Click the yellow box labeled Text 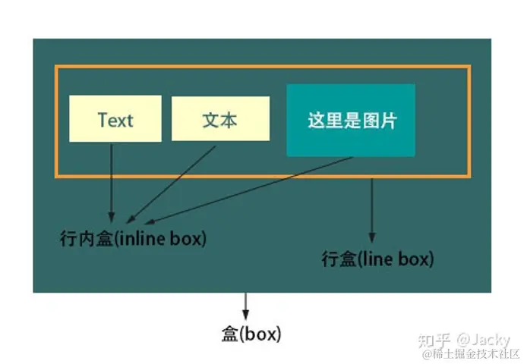click(x=115, y=118)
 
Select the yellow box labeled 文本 click(x=219, y=118)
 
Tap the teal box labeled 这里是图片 click(x=351, y=120)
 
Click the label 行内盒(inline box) click(x=132, y=238)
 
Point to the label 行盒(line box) click(x=377, y=259)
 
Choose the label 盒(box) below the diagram click(x=251, y=334)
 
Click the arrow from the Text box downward click(x=112, y=182)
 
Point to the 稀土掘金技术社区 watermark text click(x=475, y=354)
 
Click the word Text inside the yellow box click(x=115, y=119)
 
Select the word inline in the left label click(x=144, y=238)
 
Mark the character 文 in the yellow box click(x=211, y=119)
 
